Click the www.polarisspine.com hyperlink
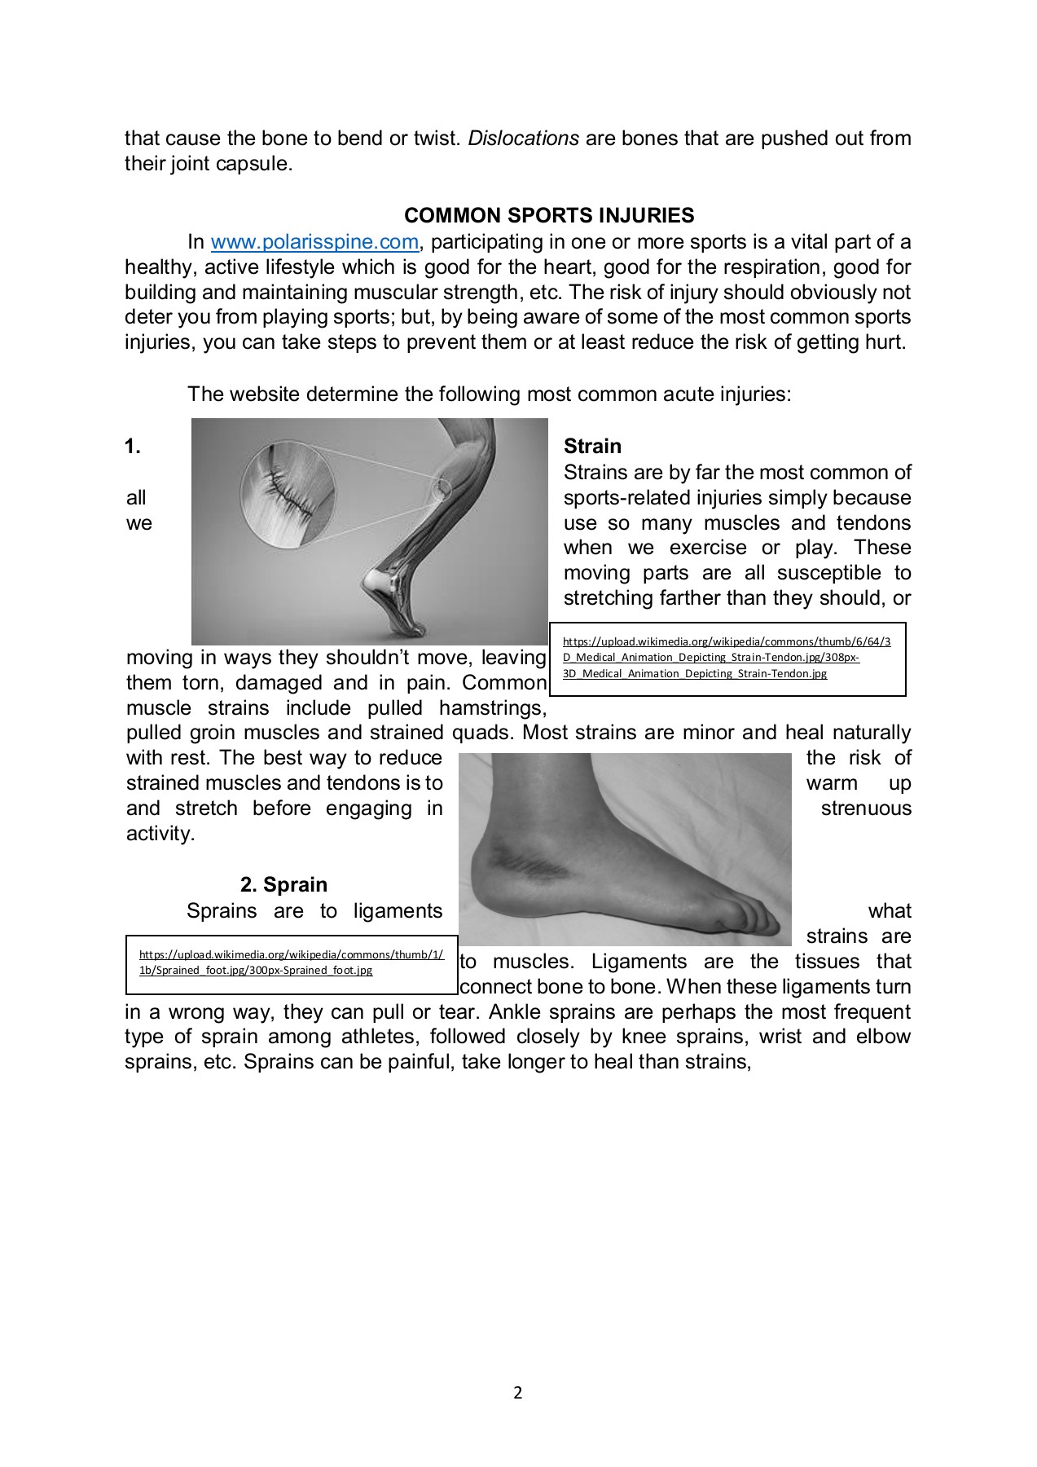pos(314,242)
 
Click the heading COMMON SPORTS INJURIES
pos(549,215)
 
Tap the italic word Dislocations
pos(523,139)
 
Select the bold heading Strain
pos(592,446)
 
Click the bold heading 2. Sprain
pos(283,884)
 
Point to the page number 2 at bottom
pos(518,1392)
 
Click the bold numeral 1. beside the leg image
pos(133,446)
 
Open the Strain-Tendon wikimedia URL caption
pos(727,658)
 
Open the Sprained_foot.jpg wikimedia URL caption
pos(292,963)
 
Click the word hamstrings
pos(492,707)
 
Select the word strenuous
pos(865,808)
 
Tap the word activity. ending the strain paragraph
pos(160,834)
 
